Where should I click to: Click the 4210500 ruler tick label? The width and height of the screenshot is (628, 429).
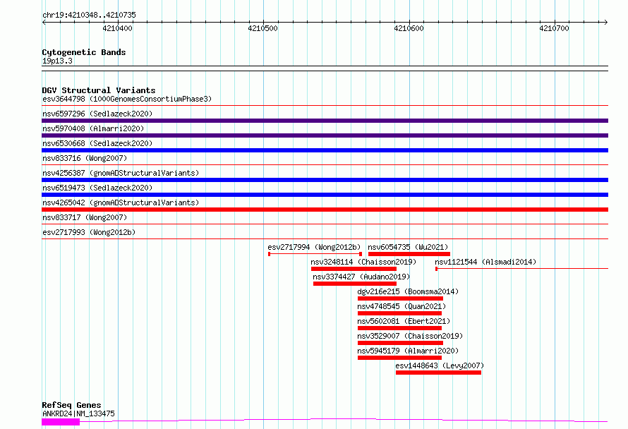[262, 28]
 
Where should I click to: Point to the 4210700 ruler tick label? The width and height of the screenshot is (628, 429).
[554, 28]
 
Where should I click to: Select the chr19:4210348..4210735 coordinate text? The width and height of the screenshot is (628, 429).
[89, 16]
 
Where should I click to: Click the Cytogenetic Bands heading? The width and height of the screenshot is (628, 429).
[84, 52]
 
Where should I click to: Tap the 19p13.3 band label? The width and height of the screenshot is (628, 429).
[57, 61]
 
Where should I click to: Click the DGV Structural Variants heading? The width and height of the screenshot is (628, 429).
[99, 90]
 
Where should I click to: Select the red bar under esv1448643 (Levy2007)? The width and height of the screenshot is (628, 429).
[439, 373]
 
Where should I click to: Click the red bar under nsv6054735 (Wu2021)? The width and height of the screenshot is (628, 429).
[409, 254]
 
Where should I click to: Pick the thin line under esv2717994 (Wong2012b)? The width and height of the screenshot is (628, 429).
[315, 254]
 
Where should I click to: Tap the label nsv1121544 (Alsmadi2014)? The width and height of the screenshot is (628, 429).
[485, 262]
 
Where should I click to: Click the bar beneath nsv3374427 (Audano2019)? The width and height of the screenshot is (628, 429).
[355, 284]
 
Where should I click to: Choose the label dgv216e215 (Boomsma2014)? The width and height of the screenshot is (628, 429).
[408, 291]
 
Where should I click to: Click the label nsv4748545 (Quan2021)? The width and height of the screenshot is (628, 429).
[401, 306]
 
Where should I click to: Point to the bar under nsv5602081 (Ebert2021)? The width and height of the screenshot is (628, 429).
[399, 328]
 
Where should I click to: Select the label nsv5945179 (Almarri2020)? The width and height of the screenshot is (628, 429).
[408, 351]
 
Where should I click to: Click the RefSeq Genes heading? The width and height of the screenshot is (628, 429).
[71, 405]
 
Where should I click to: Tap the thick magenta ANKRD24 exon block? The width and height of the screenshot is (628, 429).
[61, 421]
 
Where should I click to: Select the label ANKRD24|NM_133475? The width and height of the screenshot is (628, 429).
[78, 413]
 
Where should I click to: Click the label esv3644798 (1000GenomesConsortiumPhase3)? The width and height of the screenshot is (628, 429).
[127, 99]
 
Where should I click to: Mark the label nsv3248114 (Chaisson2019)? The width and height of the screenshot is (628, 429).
[363, 262]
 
